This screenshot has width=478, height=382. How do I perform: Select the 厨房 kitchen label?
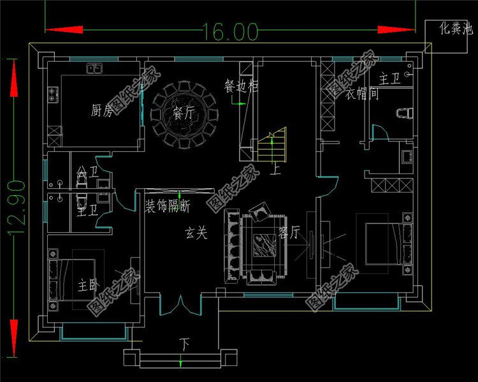click(x=102, y=112)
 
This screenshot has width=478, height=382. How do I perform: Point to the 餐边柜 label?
click(x=241, y=85)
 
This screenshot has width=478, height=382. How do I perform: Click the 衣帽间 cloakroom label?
click(x=363, y=94)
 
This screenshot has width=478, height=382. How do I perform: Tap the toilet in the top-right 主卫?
click(x=404, y=112)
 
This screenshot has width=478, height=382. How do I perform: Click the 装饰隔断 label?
click(x=168, y=206)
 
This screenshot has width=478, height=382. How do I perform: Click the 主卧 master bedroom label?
click(x=88, y=284)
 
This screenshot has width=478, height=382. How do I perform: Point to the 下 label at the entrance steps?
click(x=185, y=345)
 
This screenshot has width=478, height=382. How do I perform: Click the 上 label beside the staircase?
click(x=276, y=170)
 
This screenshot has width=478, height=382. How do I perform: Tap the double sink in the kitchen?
click(x=96, y=68)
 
